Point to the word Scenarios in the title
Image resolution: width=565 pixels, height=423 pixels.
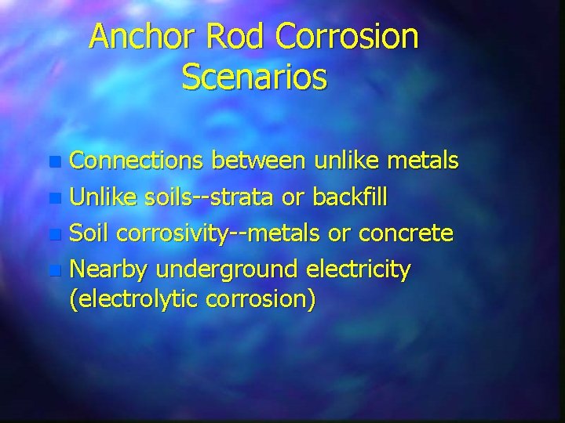(x=254, y=77)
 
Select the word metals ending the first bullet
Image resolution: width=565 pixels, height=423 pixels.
(x=425, y=162)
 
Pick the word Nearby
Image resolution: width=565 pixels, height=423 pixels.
(x=109, y=270)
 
